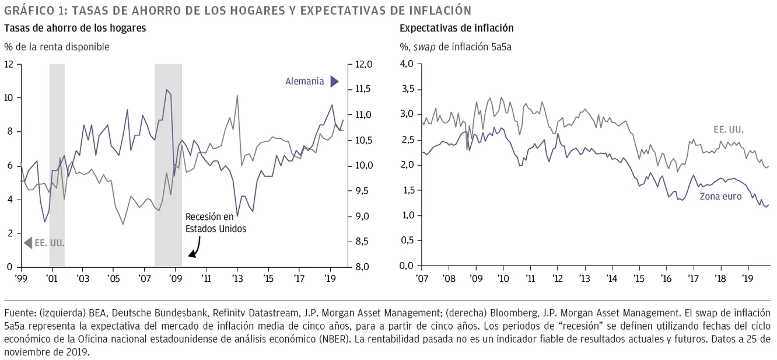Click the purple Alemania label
(304, 82)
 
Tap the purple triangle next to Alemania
(334, 82)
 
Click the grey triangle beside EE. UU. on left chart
(27, 243)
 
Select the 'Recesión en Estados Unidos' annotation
(215, 223)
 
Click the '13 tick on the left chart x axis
(237, 278)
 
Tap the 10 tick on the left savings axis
(9, 98)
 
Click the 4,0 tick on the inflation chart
(406, 64)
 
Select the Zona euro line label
(721, 197)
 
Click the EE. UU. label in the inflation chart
(729, 130)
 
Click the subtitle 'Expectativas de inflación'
(457, 28)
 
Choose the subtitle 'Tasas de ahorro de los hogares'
(75, 28)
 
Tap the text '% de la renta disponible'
(57, 47)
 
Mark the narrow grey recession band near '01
(57, 165)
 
